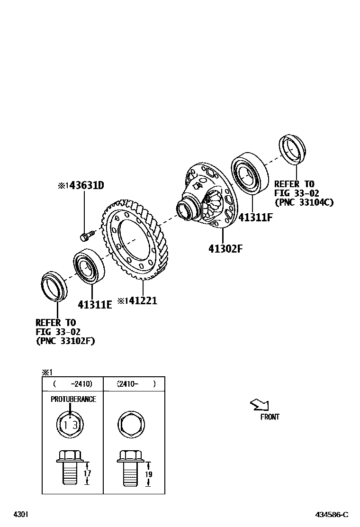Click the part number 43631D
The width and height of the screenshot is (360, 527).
pyautogui.click(x=86, y=185)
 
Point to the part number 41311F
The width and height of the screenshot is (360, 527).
pyautogui.click(x=256, y=218)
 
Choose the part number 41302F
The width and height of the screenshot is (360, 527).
pyautogui.click(x=225, y=248)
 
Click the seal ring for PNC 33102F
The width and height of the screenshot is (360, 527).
pyautogui.click(x=53, y=286)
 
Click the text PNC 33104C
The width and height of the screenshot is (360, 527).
pyautogui.click(x=304, y=202)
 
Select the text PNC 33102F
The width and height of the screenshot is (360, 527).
pyautogui.click(x=65, y=340)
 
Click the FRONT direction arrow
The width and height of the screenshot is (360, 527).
pyautogui.click(x=260, y=405)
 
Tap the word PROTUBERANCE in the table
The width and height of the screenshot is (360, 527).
pyautogui.click(x=73, y=399)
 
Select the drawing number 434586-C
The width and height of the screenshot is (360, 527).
pyautogui.click(x=332, y=514)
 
